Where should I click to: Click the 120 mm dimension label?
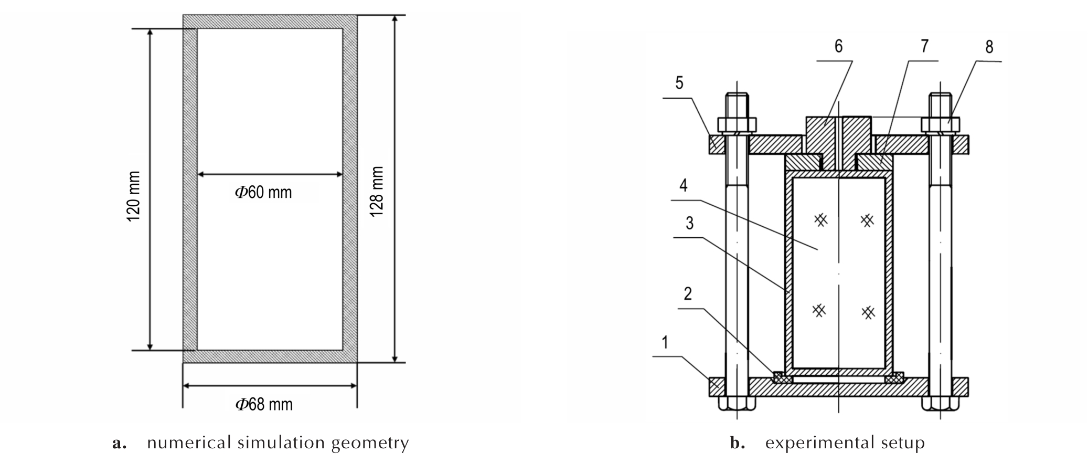click(x=134, y=196)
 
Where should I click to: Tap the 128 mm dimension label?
click(x=377, y=191)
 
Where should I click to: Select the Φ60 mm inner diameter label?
click(x=263, y=192)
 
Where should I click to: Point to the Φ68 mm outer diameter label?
click(x=264, y=404)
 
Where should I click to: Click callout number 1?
click(x=665, y=343)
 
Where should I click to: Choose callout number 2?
click(x=688, y=293)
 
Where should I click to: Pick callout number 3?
click(x=689, y=223)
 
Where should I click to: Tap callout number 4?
click(x=683, y=185)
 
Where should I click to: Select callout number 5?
click(x=679, y=83)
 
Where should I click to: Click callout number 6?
click(x=838, y=46)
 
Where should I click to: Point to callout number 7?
click(x=924, y=46)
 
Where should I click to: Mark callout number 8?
click(x=989, y=47)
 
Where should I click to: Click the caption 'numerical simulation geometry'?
click(x=278, y=443)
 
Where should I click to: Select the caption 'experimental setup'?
click(x=845, y=443)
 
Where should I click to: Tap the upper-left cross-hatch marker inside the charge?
click(x=821, y=220)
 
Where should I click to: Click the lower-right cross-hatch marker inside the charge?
click(x=869, y=313)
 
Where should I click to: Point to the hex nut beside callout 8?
click(x=941, y=124)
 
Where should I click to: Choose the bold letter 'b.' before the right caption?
click(x=738, y=443)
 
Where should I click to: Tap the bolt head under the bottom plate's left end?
click(x=737, y=404)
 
